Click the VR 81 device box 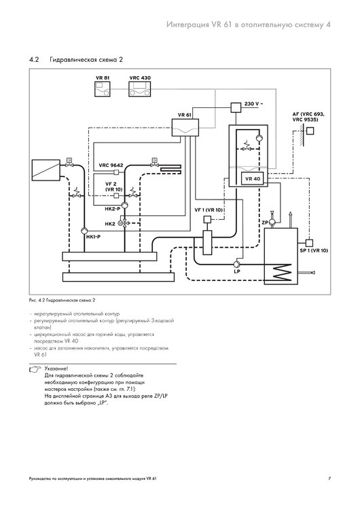pos(103,89)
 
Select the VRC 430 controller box pos(140,89)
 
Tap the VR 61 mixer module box pos(185,128)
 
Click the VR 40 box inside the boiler pos(253,178)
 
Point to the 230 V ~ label pos(253,104)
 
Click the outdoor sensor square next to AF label pos(310,130)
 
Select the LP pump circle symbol pos(237,264)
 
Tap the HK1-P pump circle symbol pos(84,231)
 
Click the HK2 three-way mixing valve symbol pos(124,223)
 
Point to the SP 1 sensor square pos(309,242)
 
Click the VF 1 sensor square pos(207,219)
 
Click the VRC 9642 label pos(111,165)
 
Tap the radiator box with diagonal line pos(46,170)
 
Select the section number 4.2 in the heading pos(34,60)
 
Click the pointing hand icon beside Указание pos(35,369)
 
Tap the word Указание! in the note pos(56,369)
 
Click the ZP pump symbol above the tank pos(272,222)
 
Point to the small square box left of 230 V pos(236,107)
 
